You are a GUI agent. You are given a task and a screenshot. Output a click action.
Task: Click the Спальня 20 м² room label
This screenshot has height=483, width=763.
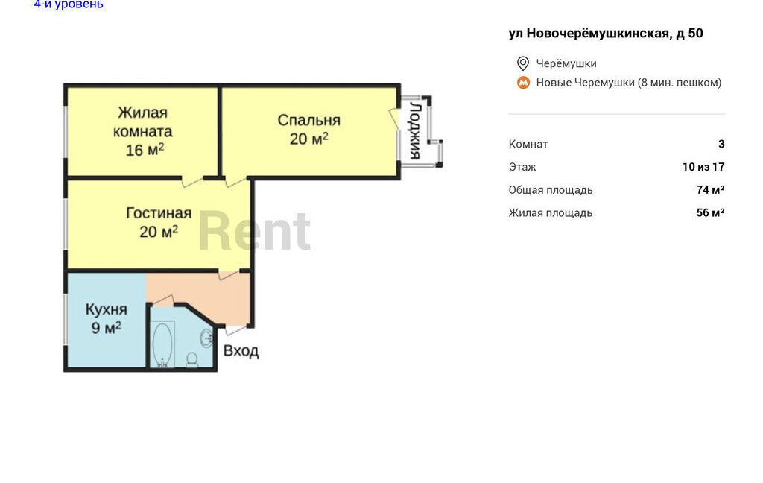[309, 130]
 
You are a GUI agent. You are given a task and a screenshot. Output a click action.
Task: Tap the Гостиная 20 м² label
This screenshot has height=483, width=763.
[159, 223]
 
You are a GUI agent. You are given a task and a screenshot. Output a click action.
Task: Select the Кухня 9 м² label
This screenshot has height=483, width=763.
[106, 318]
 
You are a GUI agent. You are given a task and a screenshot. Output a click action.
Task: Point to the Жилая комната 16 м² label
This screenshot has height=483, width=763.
[142, 131]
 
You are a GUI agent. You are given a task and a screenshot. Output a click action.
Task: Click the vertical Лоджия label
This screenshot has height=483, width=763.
[414, 130]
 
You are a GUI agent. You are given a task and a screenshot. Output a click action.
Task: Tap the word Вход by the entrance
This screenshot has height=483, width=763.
[241, 350]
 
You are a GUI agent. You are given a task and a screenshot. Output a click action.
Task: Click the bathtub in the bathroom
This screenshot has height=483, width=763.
[162, 344]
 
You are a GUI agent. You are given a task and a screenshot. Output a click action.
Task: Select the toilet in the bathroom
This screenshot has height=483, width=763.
[192, 359]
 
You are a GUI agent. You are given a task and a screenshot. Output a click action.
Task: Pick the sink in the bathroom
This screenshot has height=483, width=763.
[207, 338]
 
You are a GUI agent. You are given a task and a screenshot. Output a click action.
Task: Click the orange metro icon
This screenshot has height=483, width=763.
[523, 83]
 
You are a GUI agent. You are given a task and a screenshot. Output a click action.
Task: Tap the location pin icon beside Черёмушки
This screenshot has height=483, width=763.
[522, 63]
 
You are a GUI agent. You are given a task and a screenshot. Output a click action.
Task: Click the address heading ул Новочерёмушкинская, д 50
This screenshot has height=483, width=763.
[606, 33]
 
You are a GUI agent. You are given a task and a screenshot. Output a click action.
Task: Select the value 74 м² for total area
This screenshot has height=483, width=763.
[710, 189]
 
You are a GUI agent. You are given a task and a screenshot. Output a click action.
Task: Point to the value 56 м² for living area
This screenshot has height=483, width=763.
[710, 212]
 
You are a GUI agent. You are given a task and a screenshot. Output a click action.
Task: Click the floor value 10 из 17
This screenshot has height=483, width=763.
[703, 166]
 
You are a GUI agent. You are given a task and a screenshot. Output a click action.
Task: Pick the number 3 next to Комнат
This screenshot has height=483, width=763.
[721, 144]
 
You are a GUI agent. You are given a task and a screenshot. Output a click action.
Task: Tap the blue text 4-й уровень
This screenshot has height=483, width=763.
[69, 4]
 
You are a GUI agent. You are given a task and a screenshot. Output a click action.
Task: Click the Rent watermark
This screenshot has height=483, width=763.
[254, 231]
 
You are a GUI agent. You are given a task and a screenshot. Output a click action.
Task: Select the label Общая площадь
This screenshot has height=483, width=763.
[551, 190]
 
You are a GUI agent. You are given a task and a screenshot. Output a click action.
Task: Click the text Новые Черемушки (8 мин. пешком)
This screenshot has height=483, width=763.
[629, 83]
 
